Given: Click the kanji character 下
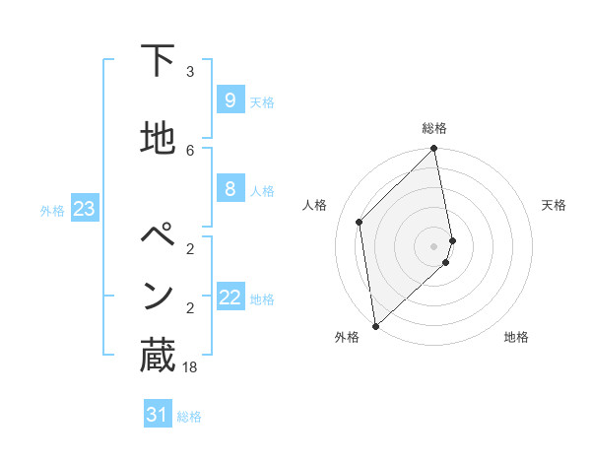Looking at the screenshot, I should tap(158, 62).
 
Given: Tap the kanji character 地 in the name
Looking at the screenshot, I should tap(158, 140).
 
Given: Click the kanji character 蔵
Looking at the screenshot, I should tap(158, 356).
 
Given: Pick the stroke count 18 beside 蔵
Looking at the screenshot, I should tap(190, 366).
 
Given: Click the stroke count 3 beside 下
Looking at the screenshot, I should tap(190, 71).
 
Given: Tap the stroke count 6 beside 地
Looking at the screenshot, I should tap(190, 150).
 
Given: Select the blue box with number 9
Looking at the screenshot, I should tap(230, 99).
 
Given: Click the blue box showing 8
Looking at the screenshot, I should tap(230, 188).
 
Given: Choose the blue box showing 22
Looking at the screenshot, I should tap(230, 297).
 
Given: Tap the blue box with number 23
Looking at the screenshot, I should tap(84, 208).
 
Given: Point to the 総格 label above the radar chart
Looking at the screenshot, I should tap(434, 128).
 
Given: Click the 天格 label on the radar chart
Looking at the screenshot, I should tap(554, 205).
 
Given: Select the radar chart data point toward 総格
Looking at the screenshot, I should tap(434, 149).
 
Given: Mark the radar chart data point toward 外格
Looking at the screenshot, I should tap(374, 326).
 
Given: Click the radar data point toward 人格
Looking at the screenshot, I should tap(360, 222).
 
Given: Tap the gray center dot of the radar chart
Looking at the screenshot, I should tap(434, 245).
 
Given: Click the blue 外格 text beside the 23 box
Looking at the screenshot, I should tap(52, 210).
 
